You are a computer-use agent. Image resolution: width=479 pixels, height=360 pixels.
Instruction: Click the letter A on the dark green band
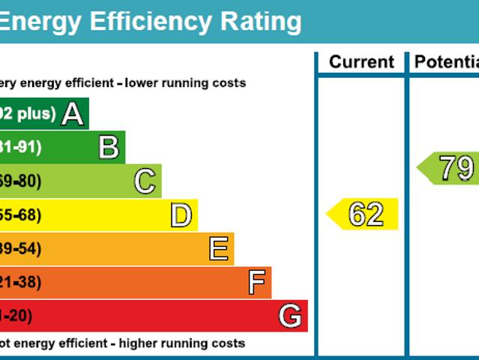tap(72, 114)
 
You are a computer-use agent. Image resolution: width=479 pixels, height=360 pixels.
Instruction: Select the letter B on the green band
tap(109, 148)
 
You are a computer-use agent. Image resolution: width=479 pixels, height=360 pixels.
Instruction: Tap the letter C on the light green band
tap(145, 181)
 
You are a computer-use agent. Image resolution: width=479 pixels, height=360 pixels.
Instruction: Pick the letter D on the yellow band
tap(181, 215)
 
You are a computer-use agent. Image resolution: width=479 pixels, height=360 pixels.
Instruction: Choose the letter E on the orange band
tap(218, 249)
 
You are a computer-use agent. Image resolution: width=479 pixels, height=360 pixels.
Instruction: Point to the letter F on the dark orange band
tap(256, 283)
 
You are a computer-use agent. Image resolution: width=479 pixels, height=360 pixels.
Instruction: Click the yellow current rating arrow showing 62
tap(364, 215)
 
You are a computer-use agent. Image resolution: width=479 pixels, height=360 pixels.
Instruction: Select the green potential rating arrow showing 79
tap(448, 168)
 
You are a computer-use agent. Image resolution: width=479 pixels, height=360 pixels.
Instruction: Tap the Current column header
tap(361, 62)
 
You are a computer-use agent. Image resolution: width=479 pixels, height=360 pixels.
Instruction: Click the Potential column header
tap(446, 62)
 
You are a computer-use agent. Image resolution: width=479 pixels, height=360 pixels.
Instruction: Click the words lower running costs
tap(185, 83)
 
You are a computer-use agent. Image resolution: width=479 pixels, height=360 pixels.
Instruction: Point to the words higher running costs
tap(184, 343)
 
